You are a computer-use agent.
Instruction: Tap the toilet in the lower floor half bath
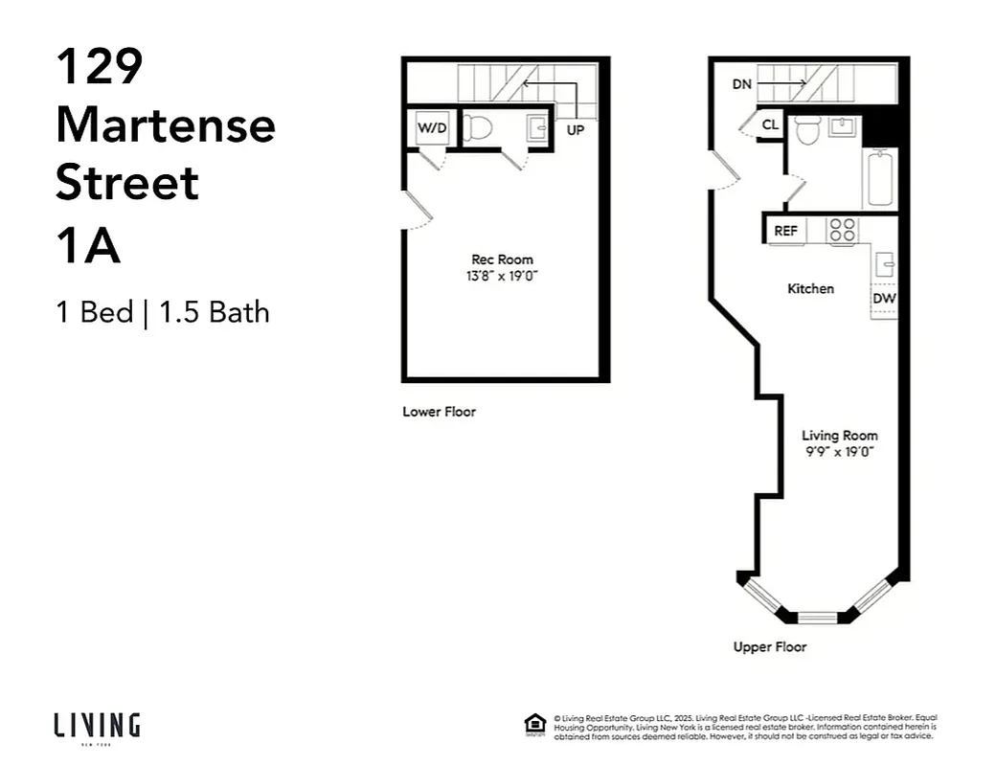click(x=478, y=128)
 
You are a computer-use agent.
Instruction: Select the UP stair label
click(x=576, y=130)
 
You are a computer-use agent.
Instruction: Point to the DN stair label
click(x=742, y=84)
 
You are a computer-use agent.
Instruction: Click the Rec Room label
click(x=502, y=259)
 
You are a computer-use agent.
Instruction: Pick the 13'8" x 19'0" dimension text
click(x=502, y=276)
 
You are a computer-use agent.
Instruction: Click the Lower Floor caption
click(x=439, y=412)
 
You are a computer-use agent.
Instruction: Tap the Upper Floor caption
click(x=770, y=647)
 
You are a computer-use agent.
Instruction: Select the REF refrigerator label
click(x=785, y=231)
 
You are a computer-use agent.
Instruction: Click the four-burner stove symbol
click(x=843, y=230)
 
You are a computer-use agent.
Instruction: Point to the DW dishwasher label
click(x=883, y=298)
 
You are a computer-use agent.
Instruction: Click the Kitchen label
click(x=810, y=288)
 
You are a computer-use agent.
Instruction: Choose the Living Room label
click(x=840, y=436)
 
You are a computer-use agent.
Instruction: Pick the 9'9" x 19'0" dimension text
click(x=840, y=451)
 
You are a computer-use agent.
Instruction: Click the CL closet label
click(x=770, y=125)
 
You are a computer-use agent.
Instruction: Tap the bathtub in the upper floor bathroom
click(x=879, y=178)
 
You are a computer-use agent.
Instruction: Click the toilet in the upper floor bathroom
click(x=808, y=130)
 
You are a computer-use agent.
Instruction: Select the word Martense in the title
click(x=166, y=124)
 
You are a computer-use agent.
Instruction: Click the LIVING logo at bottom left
click(x=97, y=725)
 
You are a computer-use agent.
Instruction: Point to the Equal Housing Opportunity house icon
click(x=535, y=724)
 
